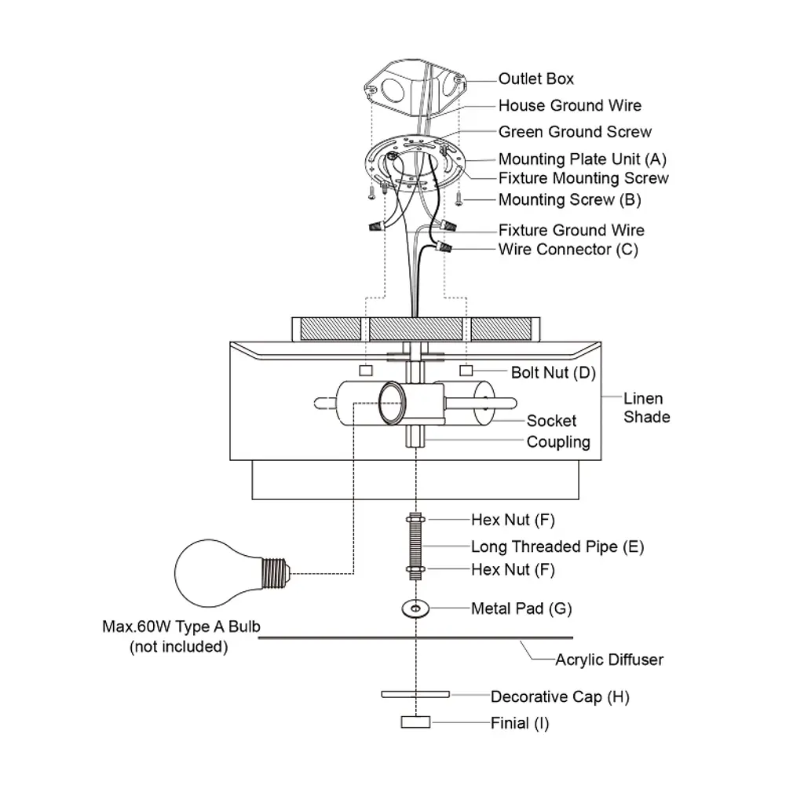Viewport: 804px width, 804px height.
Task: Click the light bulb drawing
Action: click(x=228, y=569)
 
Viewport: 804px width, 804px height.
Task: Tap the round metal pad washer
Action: click(x=414, y=608)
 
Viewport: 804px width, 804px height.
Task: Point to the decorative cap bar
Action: click(x=415, y=695)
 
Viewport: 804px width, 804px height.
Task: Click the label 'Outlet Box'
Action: click(x=535, y=79)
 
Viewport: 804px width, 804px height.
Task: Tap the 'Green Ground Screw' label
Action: click(x=575, y=132)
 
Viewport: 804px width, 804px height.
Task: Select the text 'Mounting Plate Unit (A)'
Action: click(x=582, y=159)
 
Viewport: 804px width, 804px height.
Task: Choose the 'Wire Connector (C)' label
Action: click(x=568, y=250)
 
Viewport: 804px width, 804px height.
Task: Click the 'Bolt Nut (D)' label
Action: click(x=554, y=372)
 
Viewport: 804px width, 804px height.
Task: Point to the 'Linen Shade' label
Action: click(x=646, y=407)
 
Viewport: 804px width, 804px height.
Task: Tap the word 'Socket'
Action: click(x=551, y=421)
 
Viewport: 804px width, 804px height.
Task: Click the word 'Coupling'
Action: click(x=558, y=442)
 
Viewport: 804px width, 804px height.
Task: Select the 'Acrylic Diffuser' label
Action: click(x=609, y=660)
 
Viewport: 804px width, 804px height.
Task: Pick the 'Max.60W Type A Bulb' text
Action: click(x=181, y=627)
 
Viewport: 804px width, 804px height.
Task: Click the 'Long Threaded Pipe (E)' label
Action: click(x=557, y=546)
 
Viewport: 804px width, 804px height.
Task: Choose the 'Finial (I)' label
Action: click(x=520, y=723)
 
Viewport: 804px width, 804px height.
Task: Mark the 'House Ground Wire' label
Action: click(x=569, y=105)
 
